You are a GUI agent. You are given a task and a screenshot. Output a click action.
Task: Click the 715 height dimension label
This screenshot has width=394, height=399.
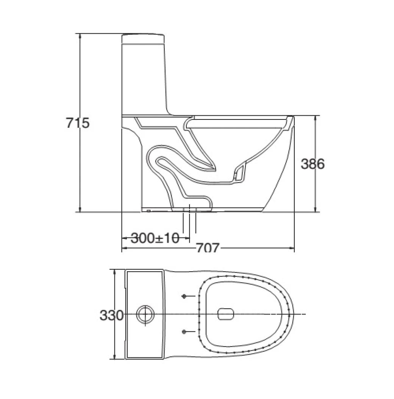tap(78, 123)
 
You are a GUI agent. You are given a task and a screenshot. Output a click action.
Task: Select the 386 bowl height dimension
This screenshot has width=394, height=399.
tap(313, 164)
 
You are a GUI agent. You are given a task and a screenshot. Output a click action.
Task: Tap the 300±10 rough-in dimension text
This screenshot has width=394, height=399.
tap(155, 238)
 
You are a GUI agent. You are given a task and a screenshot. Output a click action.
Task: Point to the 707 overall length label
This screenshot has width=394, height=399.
tap(208, 248)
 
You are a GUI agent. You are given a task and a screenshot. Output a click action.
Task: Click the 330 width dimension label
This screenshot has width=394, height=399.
tap(111, 315)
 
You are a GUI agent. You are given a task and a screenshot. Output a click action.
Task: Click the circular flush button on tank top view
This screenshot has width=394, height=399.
tap(145, 314)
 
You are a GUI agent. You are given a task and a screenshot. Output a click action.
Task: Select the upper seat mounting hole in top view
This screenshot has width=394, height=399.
tap(184, 296)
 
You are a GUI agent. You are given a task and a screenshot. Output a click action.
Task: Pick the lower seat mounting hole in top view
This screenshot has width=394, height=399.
tap(184, 332)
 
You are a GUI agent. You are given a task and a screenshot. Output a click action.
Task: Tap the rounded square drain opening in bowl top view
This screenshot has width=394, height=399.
tap(225, 314)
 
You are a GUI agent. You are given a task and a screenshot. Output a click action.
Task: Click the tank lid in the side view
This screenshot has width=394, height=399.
tap(143, 37)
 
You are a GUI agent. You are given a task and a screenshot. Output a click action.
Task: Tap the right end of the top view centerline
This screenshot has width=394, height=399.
tap(304, 314)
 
